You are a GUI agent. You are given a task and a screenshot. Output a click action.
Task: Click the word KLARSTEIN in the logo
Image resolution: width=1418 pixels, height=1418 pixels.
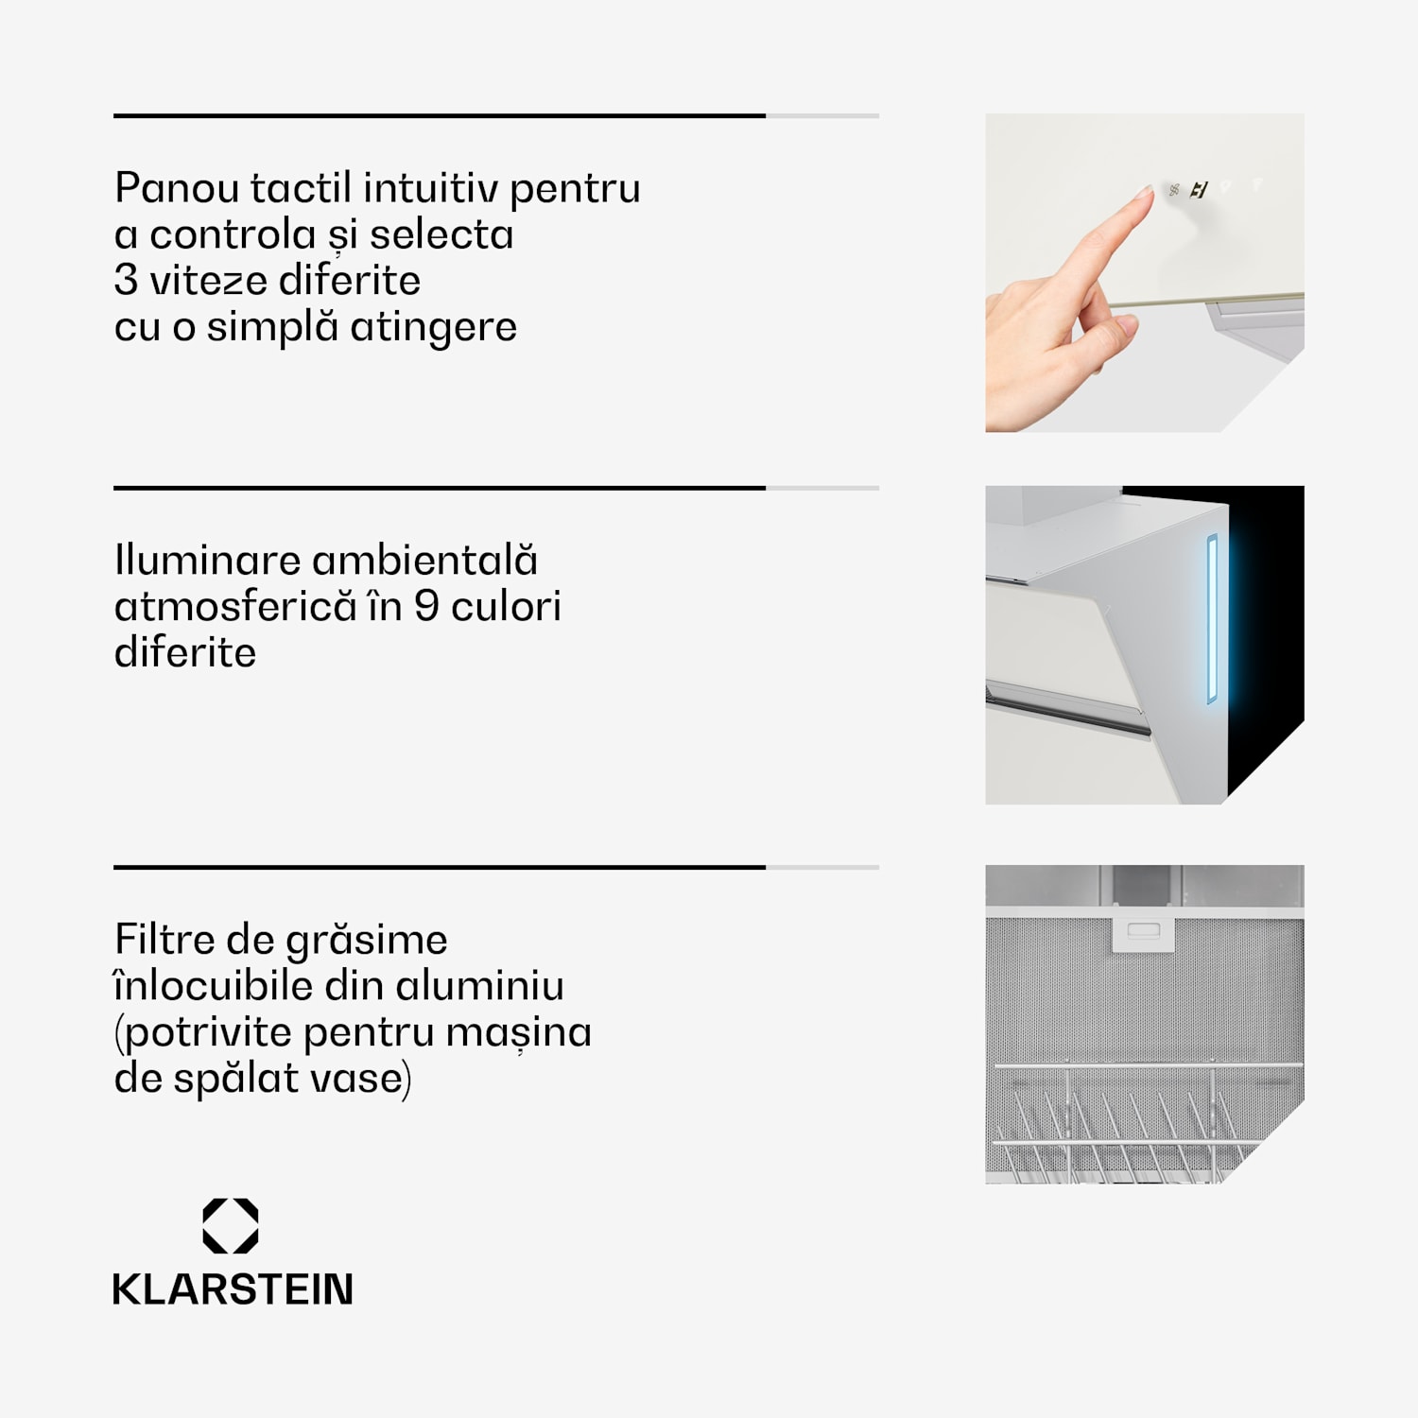[233, 1289]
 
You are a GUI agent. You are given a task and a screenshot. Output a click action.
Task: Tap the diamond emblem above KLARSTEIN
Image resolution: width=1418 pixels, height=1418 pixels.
[231, 1226]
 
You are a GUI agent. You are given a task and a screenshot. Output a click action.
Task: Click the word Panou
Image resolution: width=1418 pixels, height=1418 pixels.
[177, 187]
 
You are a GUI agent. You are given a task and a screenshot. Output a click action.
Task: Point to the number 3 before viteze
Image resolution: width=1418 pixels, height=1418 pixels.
[126, 280]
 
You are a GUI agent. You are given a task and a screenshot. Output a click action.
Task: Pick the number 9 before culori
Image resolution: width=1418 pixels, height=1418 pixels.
[426, 606]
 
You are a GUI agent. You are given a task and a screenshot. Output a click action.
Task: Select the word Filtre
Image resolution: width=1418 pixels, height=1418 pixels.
[164, 939]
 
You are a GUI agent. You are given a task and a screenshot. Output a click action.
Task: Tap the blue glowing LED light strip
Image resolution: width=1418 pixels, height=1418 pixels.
[1212, 619]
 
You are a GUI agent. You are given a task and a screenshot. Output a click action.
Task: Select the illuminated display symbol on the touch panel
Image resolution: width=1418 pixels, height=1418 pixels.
[1199, 190]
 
